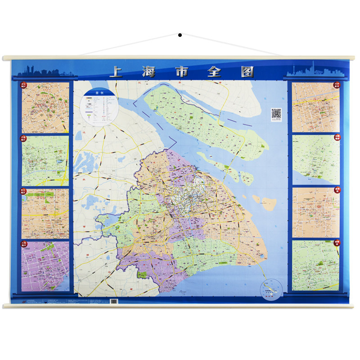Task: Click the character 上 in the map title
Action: (116, 72)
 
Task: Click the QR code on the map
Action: (276, 114)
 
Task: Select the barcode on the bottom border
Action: (114, 301)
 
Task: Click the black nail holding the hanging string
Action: (180, 35)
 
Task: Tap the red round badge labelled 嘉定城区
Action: (23, 85)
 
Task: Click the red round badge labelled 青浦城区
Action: (23, 138)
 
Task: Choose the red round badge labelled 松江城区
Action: (23, 190)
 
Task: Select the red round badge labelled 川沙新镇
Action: (337, 85)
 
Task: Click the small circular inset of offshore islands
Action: (271, 289)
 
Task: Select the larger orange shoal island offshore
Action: (268, 203)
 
